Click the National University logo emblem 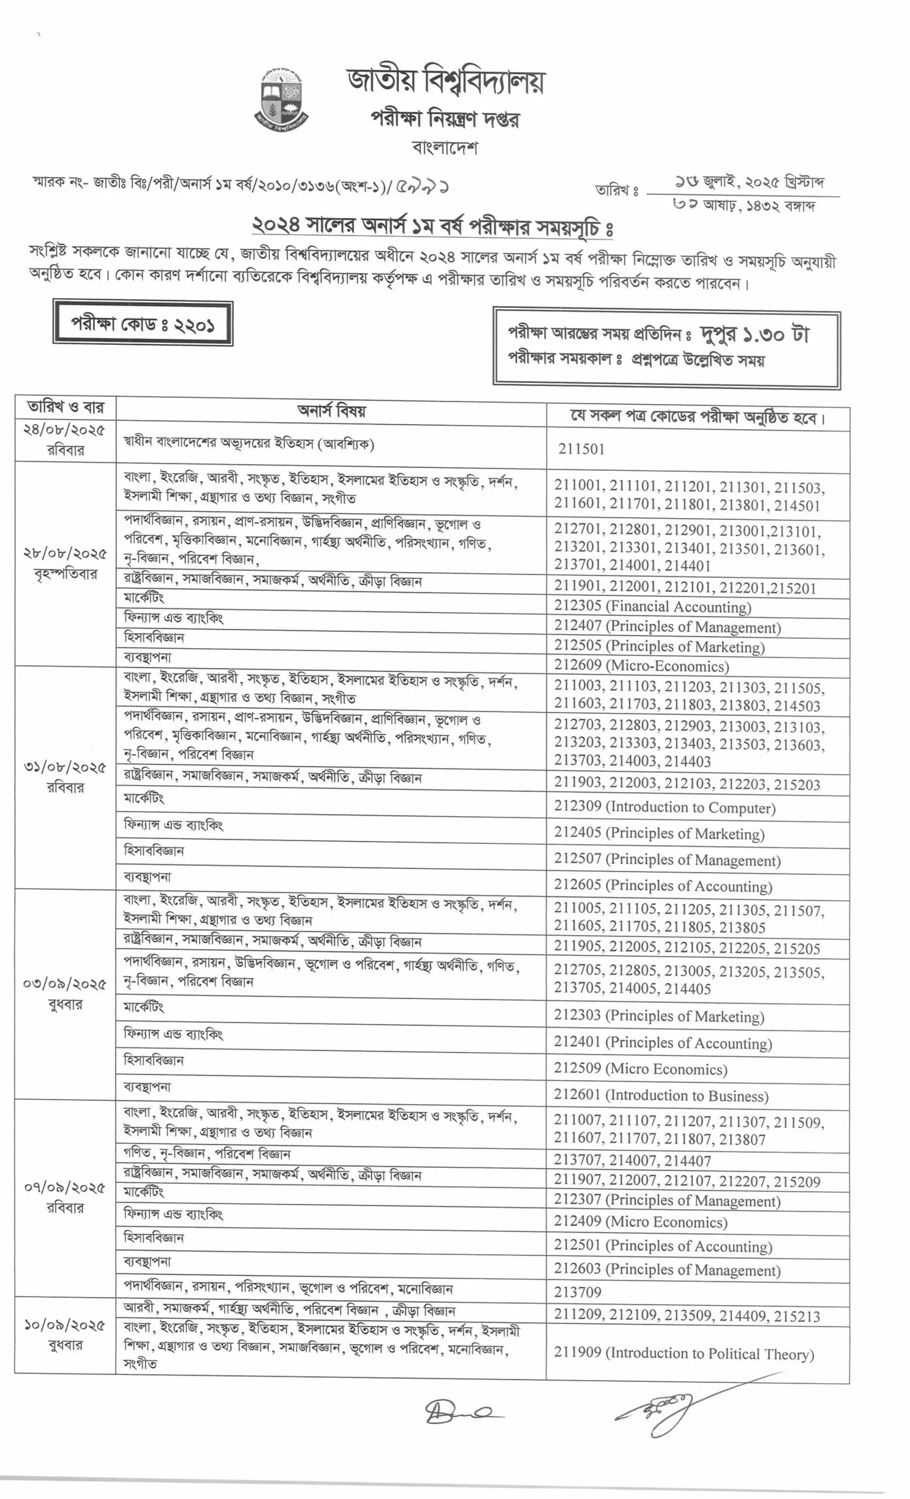280,99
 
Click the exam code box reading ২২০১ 143,323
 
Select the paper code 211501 581,449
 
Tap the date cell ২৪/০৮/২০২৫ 65,440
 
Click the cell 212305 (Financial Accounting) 652,606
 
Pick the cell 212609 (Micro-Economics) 641,665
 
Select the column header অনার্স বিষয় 331,410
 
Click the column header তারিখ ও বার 65,407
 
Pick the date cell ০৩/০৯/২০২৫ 65,994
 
